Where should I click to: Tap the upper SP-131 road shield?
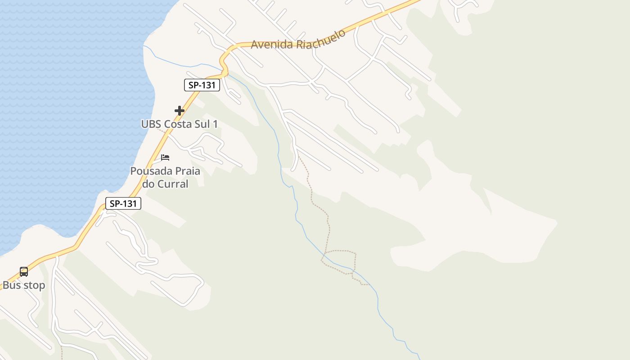[x=202, y=85]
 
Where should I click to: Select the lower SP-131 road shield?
[x=123, y=203]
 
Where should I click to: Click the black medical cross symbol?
[x=180, y=110]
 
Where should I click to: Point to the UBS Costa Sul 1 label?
[x=180, y=124]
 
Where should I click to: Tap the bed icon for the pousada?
[x=165, y=157]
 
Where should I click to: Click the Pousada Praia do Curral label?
[x=165, y=177]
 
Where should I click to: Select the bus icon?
[x=24, y=272]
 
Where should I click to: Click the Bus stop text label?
[x=24, y=285]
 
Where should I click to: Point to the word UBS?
[x=151, y=124]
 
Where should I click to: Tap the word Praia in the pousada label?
[x=185, y=171]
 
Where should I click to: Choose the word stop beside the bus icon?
[x=34, y=285]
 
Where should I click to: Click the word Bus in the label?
[x=11, y=285]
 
